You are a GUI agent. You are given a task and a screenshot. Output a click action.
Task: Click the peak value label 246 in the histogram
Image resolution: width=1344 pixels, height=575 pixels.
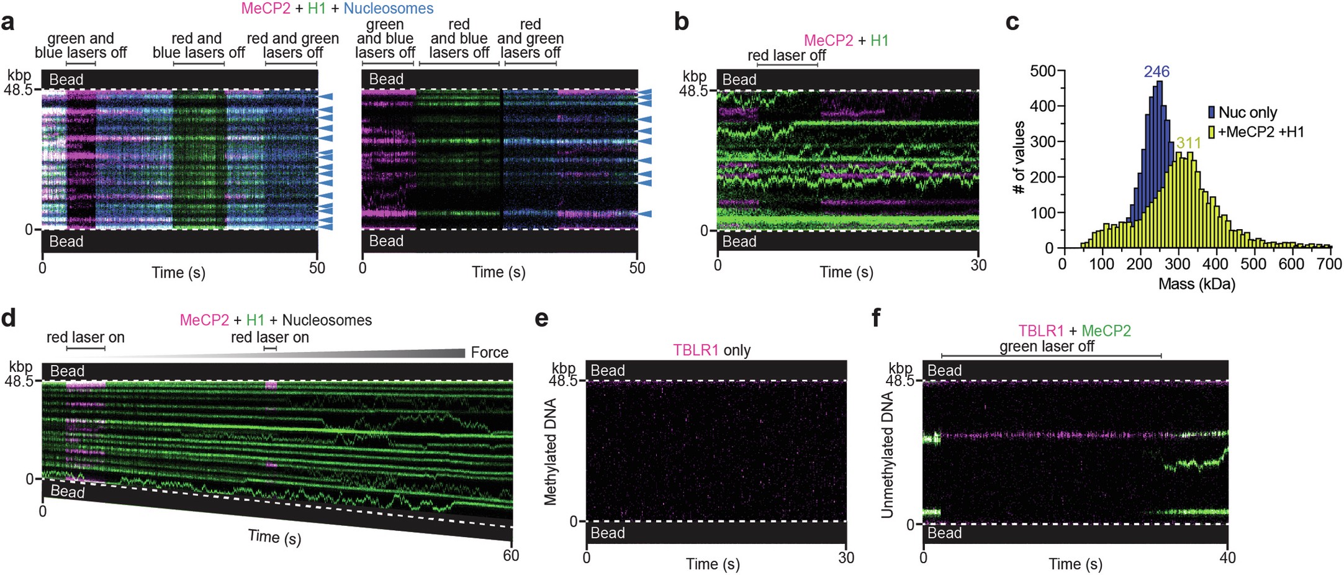[x=1157, y=72]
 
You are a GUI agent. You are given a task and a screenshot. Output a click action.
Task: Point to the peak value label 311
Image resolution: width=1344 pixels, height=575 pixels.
[x=1188, y=143]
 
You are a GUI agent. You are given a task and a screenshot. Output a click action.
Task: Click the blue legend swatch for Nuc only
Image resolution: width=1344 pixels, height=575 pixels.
[x=1211, y=112]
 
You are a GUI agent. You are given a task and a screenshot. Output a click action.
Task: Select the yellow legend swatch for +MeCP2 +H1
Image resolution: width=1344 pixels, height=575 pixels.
[x=1211, y=132]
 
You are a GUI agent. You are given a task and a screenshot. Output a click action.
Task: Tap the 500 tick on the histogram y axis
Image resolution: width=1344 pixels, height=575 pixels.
[x=1042, y=71]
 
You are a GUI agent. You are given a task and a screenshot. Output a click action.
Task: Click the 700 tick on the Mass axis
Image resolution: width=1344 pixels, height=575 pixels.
[x=1329, y=264]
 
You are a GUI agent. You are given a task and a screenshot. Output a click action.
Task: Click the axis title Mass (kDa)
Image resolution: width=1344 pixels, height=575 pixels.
[x=1196, y=284]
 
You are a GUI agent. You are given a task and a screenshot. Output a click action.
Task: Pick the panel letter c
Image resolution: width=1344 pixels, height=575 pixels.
[x=1012, y=22]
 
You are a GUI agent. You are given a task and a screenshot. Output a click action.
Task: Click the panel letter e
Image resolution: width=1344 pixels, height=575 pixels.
[x=541, y=319]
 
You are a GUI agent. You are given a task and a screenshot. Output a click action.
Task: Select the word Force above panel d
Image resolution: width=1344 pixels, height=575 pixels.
[x=489, y=353]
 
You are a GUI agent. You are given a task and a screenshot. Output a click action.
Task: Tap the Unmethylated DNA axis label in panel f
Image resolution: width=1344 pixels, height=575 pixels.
[x=887, y=455]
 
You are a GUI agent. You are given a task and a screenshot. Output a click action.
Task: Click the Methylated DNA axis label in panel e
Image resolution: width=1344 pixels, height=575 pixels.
[x=550, y=451]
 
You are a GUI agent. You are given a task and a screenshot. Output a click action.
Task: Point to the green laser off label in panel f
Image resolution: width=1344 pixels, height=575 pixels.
[x=1047, y=346]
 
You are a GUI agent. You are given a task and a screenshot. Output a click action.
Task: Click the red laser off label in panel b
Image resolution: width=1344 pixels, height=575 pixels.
[x=787, y=55]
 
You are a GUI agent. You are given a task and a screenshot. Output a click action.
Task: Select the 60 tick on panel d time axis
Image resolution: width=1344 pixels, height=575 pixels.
[x=511, y=556]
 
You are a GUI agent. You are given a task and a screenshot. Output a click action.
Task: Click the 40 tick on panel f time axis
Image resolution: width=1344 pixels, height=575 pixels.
[x=1227, y=558]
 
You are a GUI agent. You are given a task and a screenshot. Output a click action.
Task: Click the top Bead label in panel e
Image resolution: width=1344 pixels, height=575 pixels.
[x=607, y=371]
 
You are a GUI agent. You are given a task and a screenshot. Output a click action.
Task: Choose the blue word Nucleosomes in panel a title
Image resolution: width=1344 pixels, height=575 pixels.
[x=389, y=9]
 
